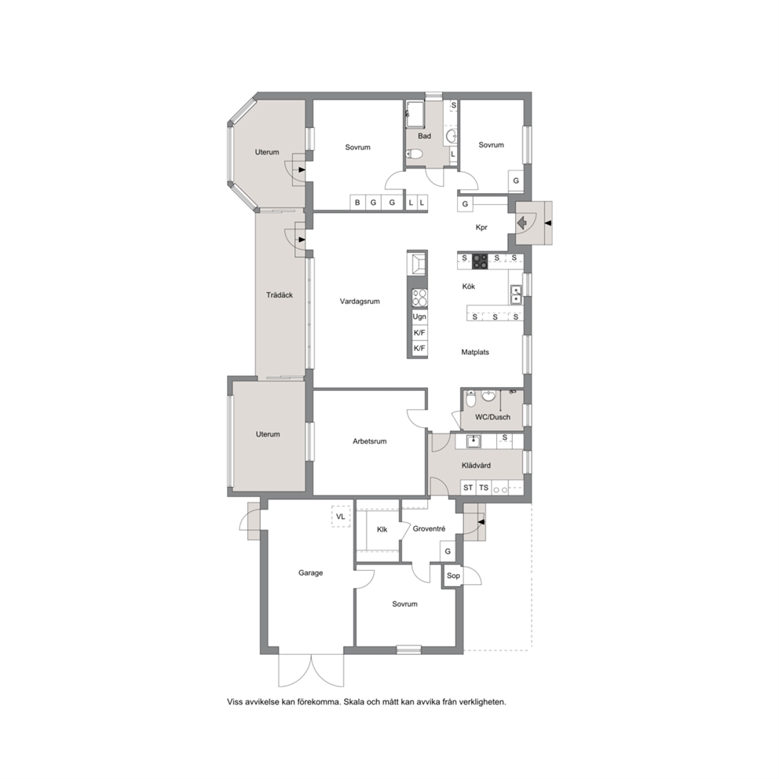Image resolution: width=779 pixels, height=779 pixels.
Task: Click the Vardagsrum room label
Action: [x=360, y=301]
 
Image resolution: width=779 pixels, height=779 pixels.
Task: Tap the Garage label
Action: [x=310, y=572]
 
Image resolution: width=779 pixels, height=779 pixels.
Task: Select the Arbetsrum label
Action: [x=370, y=441]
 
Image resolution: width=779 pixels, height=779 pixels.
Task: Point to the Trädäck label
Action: [x=280, y=295]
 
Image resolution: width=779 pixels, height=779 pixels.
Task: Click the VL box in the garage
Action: [x=341, y=517]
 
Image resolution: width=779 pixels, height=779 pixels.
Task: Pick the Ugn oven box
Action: [x=419, y=316]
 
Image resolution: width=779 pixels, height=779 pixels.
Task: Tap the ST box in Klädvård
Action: [x=468, y=488]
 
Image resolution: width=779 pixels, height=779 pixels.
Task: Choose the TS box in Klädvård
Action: [x=484, y=488]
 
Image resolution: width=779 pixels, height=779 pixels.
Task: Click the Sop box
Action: [x=453, y=576]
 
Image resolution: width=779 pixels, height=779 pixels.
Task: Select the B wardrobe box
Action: [x=357, y=203]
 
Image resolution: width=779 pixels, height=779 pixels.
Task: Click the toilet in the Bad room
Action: [x=415, y=154]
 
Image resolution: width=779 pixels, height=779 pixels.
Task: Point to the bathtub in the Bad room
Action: [x=415, y=115]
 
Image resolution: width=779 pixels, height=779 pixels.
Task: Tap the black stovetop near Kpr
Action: [x=480, y=261]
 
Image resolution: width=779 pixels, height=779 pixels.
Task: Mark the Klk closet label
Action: [x=382, y=529]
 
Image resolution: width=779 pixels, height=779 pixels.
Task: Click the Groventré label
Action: [x=430, y=529]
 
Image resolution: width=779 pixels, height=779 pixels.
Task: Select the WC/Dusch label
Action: [x=492, y=417]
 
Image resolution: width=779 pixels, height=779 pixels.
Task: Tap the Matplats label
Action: [x=475, y=353]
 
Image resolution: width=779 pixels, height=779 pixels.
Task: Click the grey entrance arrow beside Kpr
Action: [x=522, y=223]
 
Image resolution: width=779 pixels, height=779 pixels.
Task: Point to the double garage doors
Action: [x=311, y=671]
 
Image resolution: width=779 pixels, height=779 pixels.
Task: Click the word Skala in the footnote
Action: [x=354, y=702]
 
